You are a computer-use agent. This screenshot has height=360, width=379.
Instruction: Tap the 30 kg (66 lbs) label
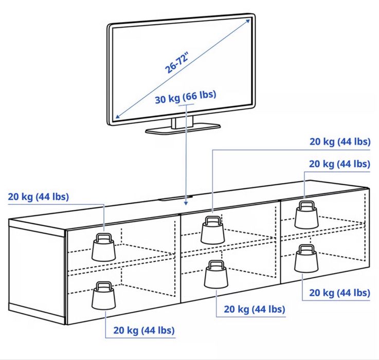coord(185,97)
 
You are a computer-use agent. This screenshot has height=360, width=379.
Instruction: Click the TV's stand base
coord(183,128)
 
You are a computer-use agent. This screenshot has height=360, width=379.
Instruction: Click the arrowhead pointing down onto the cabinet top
coord(186,203)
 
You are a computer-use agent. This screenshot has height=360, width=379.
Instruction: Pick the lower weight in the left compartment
coord(103,297)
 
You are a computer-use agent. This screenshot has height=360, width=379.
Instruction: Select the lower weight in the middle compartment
coord(215,277)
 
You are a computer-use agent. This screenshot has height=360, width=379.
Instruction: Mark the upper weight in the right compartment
coord(306,217)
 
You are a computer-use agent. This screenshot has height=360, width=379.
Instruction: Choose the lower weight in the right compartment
coord(306,261)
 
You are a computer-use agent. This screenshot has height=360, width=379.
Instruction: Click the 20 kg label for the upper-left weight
coord(39,196)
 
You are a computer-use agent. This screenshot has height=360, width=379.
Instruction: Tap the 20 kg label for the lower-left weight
coord(144,330)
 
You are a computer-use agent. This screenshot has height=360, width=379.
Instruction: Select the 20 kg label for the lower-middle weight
coord(254,309)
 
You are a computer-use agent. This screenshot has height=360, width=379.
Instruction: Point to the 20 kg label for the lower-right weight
coord(339,293)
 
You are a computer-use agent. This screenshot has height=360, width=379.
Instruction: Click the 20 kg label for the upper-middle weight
coord(339,141)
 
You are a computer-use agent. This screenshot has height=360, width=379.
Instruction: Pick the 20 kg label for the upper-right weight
coord(339,164)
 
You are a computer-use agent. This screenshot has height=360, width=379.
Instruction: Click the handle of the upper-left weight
coord(104,238)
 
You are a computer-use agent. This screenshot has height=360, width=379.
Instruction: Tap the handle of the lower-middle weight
coord(215,264)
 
